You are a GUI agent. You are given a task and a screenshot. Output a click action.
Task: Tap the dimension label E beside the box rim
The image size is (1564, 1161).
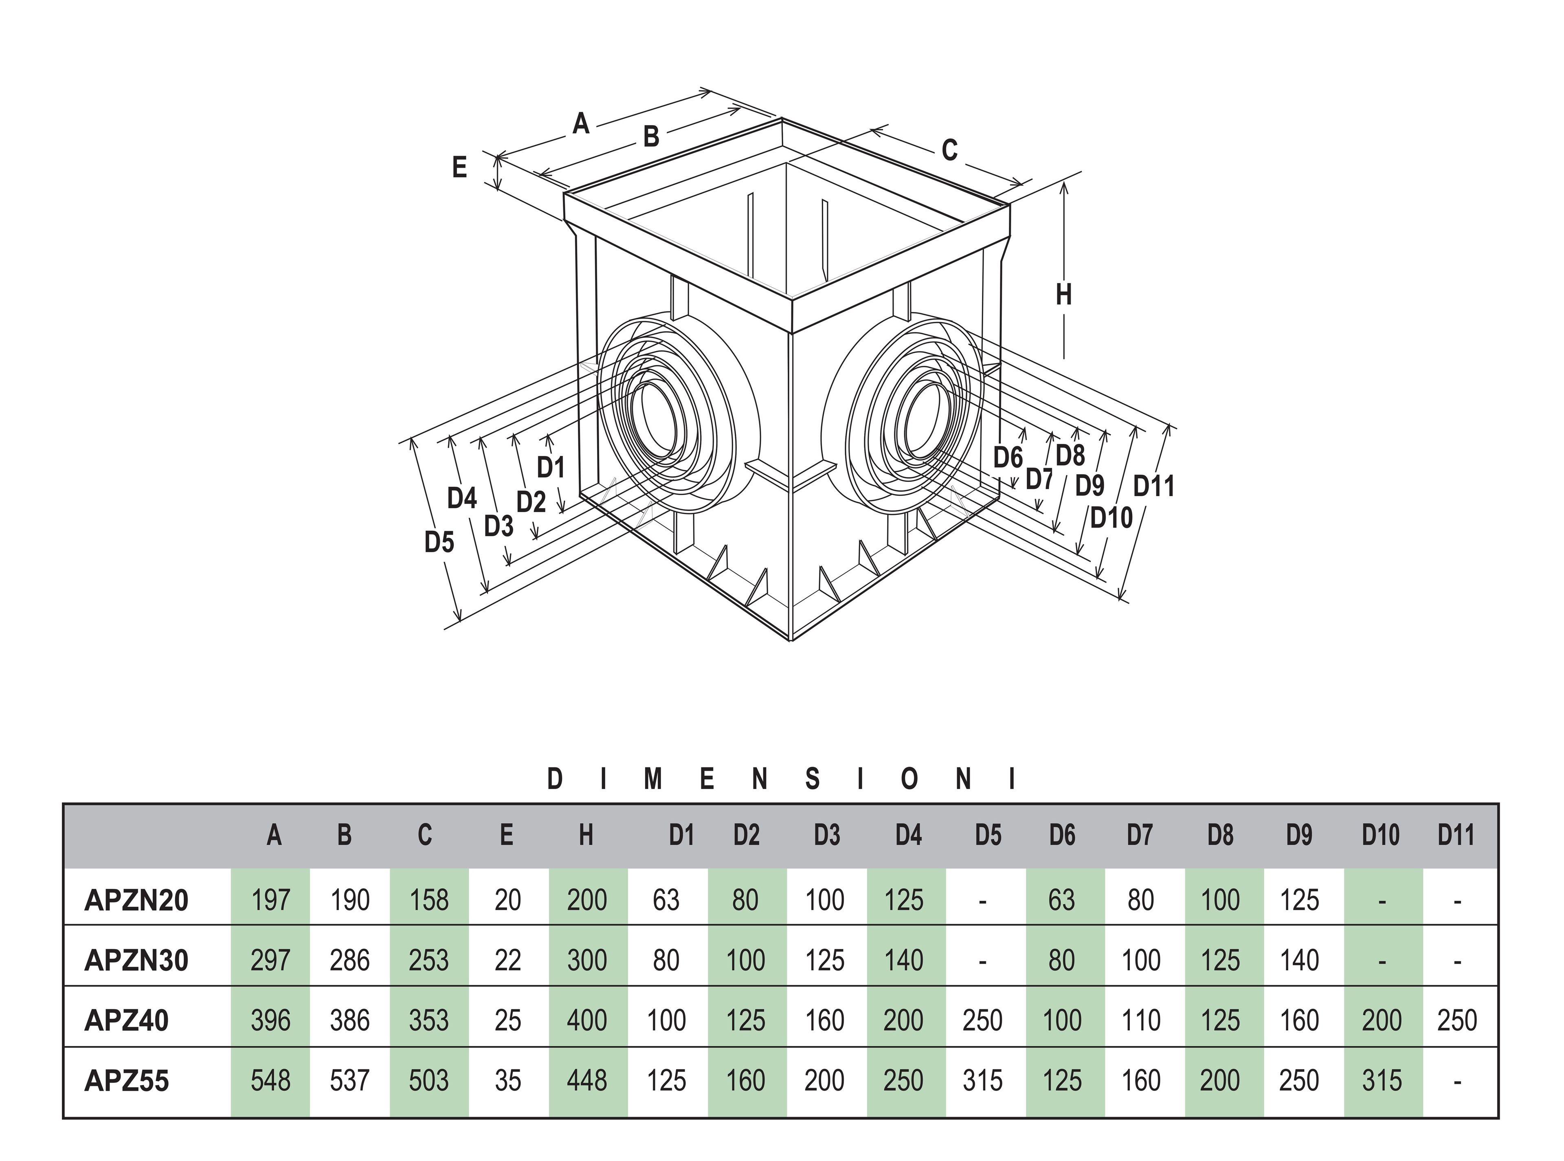(459, 167)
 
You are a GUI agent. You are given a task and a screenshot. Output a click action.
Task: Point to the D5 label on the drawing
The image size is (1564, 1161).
(439, 542)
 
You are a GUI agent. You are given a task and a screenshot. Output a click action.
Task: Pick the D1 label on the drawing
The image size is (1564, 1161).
(551, 467)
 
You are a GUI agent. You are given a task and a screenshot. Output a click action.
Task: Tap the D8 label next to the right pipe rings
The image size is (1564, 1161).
(1070, 455)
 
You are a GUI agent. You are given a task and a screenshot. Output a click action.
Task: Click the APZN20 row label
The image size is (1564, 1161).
(136, 900)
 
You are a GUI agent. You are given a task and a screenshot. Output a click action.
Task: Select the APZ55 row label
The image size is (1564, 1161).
(127, 1081)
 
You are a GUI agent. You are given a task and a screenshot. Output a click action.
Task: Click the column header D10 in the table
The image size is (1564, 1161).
(1381, 835)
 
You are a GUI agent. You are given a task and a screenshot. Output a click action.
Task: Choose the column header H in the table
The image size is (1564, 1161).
(586, 835)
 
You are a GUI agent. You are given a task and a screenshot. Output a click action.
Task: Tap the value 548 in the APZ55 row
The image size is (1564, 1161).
(270, 1081)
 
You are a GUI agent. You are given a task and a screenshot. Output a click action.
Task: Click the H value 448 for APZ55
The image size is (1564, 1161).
(586, 1081)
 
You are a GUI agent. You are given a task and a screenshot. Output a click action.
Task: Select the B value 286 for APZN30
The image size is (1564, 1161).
(349, 960)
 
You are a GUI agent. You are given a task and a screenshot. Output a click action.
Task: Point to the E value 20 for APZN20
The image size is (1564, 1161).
(507, 900)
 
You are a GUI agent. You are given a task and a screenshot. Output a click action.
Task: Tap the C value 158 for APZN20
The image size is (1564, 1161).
(428, 900)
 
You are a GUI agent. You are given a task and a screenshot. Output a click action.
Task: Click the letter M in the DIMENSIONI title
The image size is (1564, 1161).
(653, 779)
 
